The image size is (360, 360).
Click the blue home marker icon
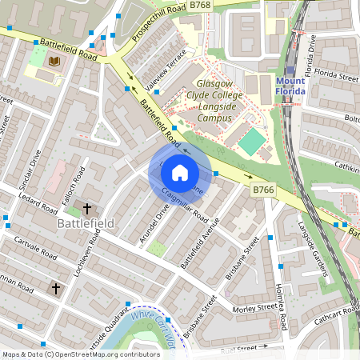180,173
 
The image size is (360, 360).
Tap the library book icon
54,62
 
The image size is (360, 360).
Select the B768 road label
201,6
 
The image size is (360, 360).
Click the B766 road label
263,190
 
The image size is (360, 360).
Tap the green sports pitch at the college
252,142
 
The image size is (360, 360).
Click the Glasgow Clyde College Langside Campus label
219,101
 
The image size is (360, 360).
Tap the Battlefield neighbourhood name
86,223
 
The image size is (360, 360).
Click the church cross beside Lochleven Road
86,208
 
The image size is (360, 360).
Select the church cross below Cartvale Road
56,287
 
